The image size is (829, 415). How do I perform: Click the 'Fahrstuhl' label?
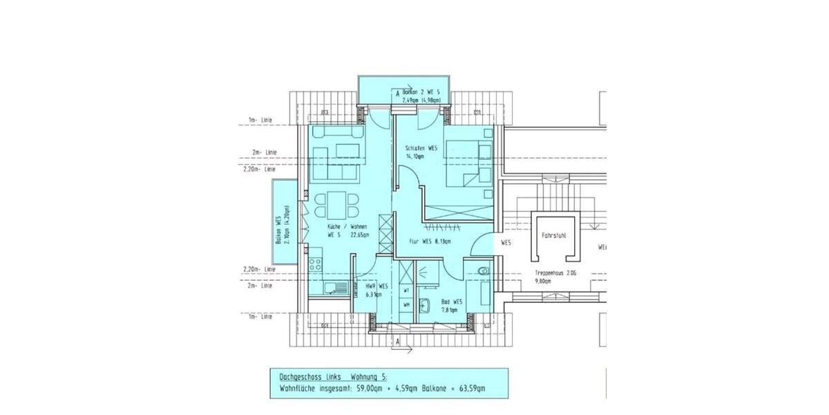pos(554,236)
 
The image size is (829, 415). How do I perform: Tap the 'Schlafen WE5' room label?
pos(421,148)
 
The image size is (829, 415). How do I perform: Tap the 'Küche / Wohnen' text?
pos(347,227)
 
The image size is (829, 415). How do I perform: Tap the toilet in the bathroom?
pos(483,270)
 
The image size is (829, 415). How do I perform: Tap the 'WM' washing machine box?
pos(407,304)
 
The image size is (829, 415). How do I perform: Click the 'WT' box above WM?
pos(407,290)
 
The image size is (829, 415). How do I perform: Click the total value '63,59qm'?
pos(469,389)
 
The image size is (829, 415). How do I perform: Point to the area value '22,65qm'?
pos(357,235)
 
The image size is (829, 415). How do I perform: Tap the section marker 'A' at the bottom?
pos(398,342)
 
